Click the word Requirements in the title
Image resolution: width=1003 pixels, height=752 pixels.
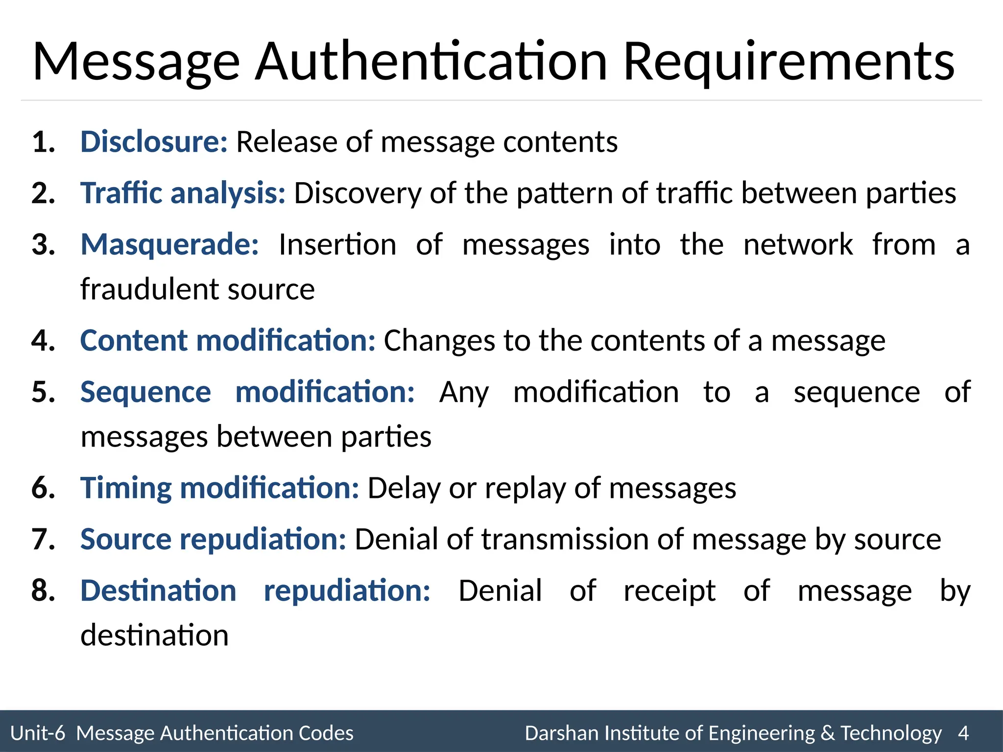[x=788, y=62]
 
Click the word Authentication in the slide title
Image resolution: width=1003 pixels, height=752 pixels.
[x=431, y=62]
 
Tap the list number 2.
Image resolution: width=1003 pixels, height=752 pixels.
[x=43, y=193]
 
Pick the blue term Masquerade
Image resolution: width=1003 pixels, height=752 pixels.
[x=169, y=244]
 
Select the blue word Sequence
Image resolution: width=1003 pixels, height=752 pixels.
[x=145, y=392]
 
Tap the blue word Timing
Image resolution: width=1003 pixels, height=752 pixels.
[x=126, y=488]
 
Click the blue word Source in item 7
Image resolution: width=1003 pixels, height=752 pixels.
[x=126, y=539]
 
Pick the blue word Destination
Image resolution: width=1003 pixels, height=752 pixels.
[x=158, y=590]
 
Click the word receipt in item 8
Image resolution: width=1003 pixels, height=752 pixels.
[x=669, y=591]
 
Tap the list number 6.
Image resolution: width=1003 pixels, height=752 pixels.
[x=43, y=488]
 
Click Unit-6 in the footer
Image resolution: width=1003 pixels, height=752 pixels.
[x=38, y=733]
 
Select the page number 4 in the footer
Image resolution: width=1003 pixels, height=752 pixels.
[x=963, y=733]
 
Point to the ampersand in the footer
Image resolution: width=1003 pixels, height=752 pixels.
[x=827, y=733]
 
